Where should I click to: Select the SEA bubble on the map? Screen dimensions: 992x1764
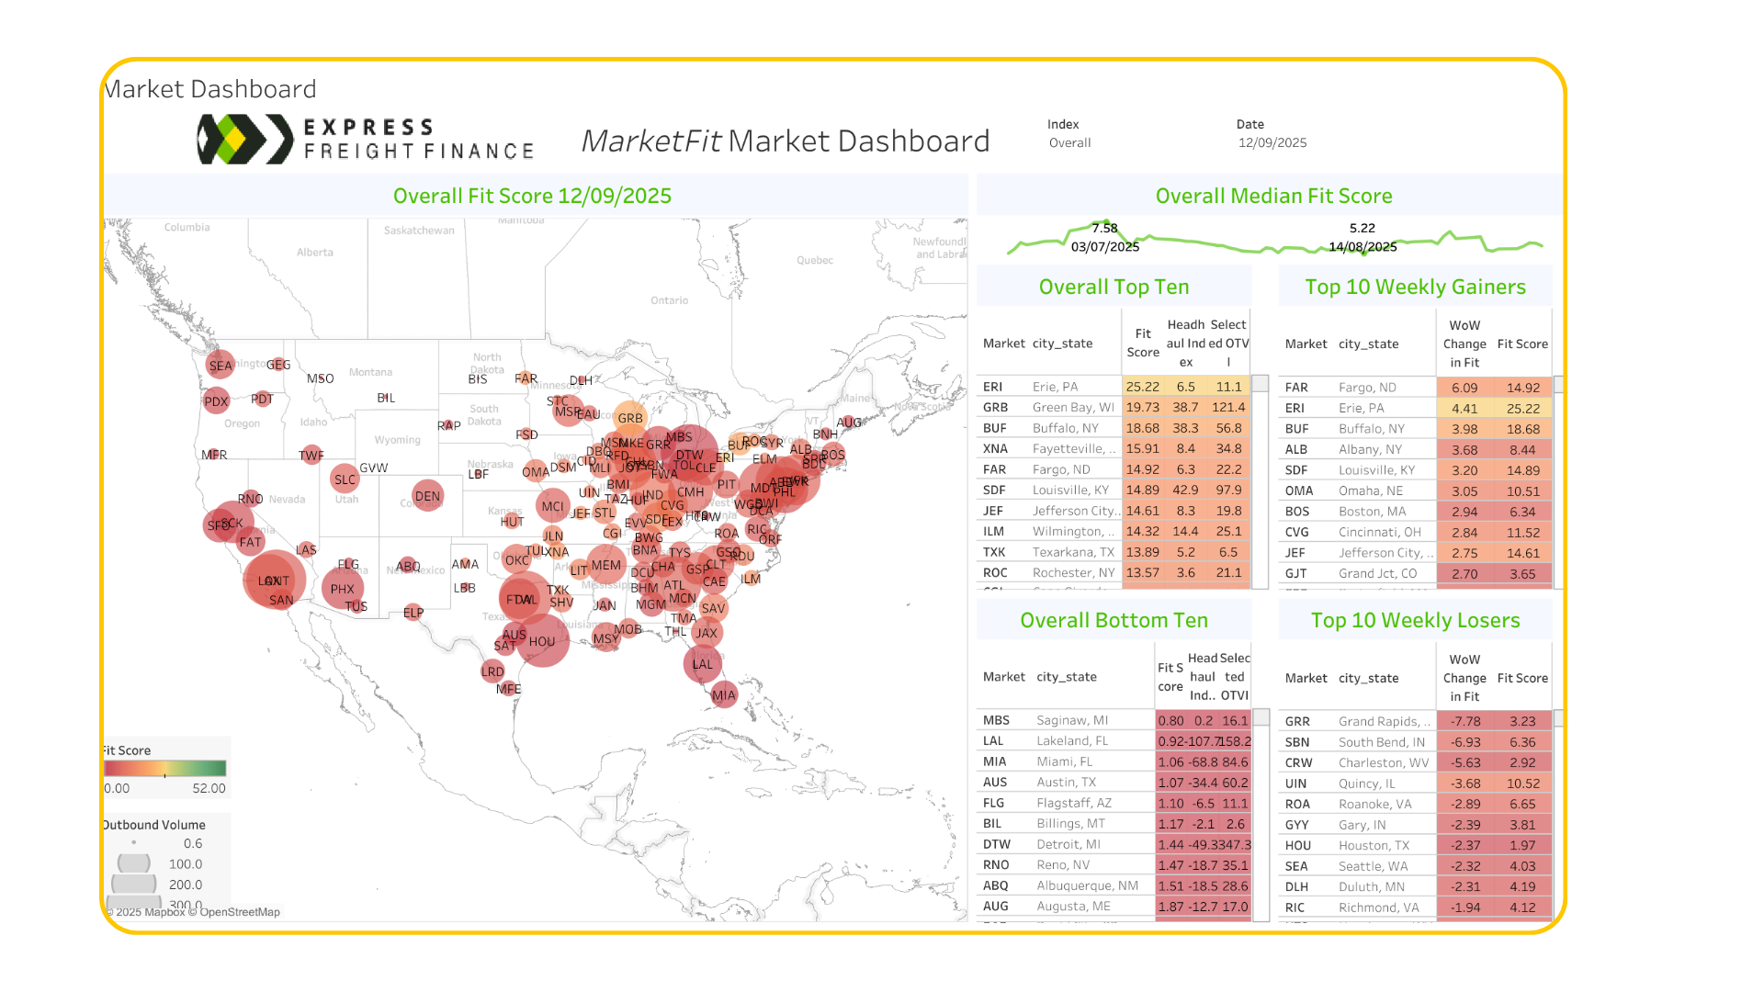tap(220, 365)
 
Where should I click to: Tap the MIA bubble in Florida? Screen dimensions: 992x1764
tap(724, 694)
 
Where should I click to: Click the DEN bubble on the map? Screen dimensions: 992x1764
tap(427, 496)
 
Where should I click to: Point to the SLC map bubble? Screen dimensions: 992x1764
tap(345, 479)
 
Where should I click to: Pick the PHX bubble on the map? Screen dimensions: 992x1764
tap(342, 589)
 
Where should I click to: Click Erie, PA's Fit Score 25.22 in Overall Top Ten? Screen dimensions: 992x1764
tap(1142, 387)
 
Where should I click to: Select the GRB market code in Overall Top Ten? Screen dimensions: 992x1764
tap(995, 407)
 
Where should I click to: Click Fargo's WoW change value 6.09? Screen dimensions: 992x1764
tap(1464, 388)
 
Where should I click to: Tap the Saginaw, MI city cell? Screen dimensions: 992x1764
tap(1072, 720)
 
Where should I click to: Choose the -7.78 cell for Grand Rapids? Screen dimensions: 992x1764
tap(1464, 721)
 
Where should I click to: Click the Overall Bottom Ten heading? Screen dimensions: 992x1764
tap(1114, 620)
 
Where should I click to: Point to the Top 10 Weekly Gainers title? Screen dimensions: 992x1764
tap(1415, 287)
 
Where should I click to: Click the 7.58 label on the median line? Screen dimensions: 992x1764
tap(1104, 228)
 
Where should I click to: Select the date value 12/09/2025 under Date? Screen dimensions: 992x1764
tap(1272, 142)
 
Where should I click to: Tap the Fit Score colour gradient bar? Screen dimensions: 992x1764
tap(164, 768)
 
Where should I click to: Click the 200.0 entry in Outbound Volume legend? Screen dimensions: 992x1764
tap(185, 885)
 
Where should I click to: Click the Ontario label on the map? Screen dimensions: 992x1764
tap(669, 300)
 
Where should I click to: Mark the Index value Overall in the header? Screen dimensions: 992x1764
tap(1069, 142)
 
